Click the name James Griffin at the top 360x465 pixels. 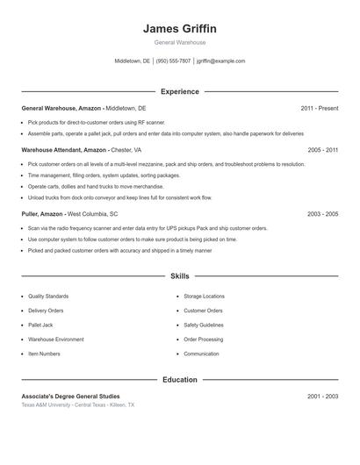(179, 28)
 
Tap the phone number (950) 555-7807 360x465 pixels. (174, 61)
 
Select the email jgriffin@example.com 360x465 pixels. (220, 61)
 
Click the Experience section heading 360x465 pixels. (180, 91)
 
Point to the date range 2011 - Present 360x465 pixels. (319, 108)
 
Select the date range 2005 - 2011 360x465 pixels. (322, 150)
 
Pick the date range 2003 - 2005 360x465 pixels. (322, 214)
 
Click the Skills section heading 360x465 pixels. (180, 276)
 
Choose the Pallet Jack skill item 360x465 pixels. (42, 325)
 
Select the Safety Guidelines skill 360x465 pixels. (204, 325)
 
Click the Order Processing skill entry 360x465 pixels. (203, 339)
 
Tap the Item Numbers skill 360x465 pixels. (44, 354)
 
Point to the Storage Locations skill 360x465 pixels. (204, 297)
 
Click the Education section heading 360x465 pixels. (180, 380)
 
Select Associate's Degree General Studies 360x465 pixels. (70, 397)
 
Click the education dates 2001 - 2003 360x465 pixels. (322, 397)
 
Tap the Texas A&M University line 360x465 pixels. (77, 405)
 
